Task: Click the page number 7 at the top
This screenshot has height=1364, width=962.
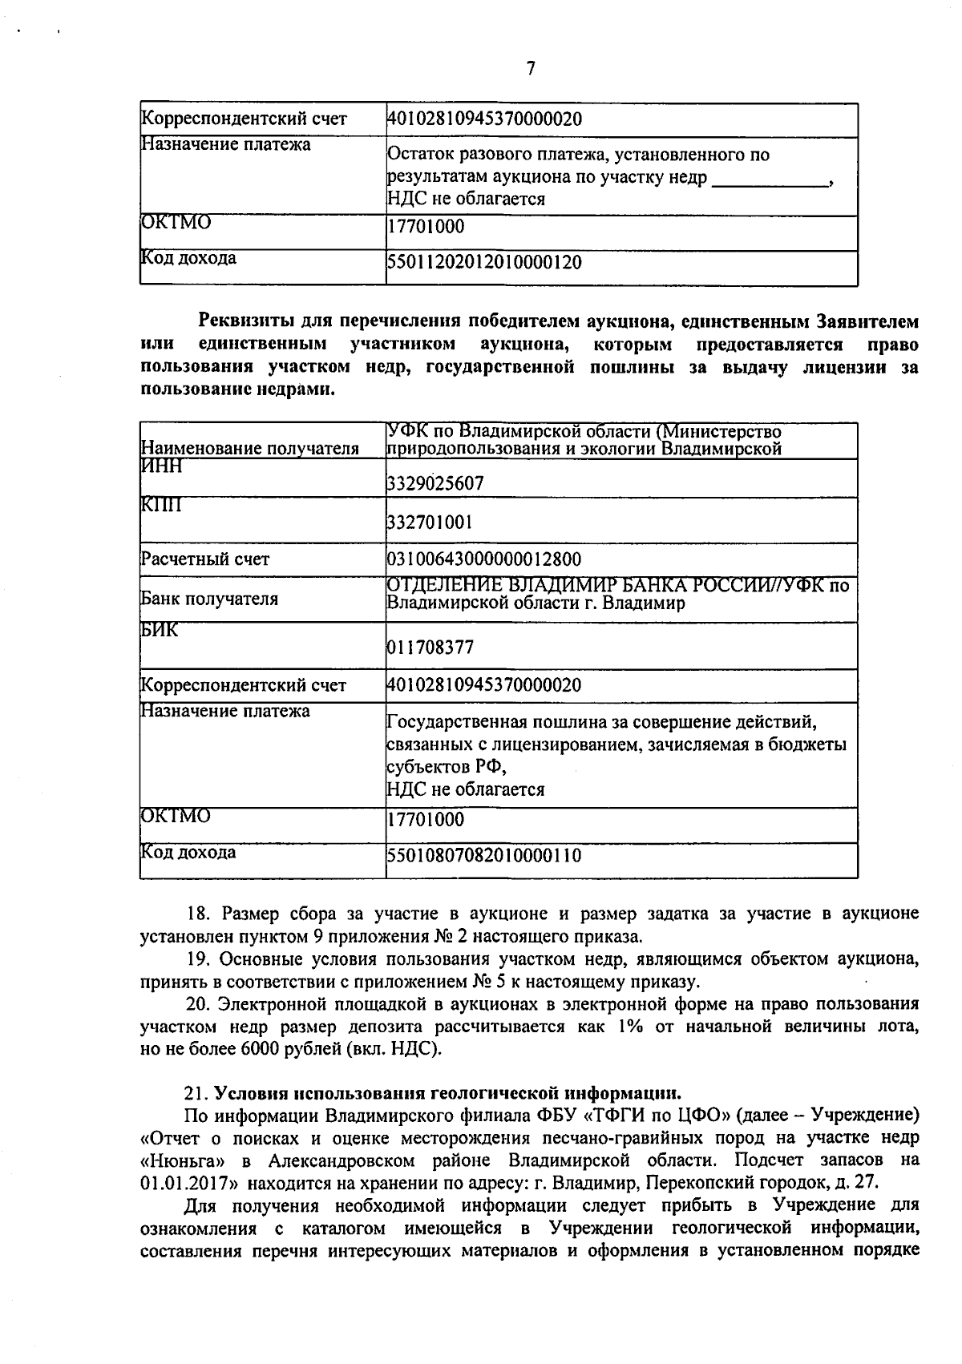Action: point(530,69)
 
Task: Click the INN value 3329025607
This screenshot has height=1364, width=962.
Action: point(435,483)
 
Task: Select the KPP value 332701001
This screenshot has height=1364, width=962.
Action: point(430,523)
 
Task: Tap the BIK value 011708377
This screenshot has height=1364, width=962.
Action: point(430,647)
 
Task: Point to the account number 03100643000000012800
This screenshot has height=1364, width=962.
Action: point(484,559)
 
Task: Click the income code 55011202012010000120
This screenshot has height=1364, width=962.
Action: point(484,262)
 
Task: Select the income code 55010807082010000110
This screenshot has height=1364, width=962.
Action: point(484,855)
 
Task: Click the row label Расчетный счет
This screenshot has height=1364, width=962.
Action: point(205,559)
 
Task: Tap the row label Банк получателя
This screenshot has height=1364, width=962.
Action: point(209,599)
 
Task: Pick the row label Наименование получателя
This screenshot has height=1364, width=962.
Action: point(249,449)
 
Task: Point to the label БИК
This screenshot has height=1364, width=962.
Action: point(160,630)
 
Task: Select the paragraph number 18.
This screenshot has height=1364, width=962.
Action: point(197,914)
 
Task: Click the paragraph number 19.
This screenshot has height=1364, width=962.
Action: point(197,959)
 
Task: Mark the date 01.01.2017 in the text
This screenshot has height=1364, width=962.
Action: point(181,1181)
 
